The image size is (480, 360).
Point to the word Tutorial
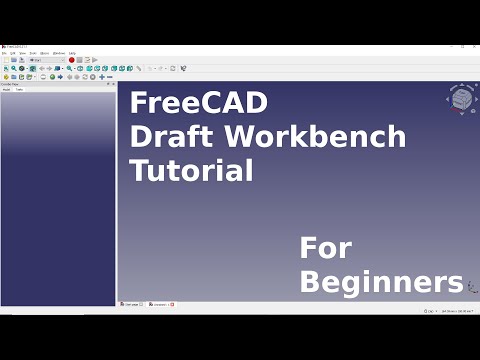(191, 170)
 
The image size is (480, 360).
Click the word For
(326, 247)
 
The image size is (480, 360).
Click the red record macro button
(72, 60)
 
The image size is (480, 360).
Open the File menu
(4, 53)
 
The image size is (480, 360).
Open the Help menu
(72, 53)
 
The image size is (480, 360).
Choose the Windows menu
(59, 53)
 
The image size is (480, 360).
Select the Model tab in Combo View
(7, 90)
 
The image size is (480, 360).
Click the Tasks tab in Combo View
(19, 90)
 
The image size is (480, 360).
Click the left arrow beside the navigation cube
(447, 99)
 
